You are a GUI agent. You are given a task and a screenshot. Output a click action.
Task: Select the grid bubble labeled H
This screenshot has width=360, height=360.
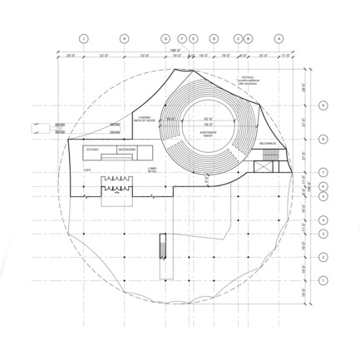[x=124, y=39]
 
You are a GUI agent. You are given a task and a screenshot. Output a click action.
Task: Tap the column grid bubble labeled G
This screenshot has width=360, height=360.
[x=165, y=39]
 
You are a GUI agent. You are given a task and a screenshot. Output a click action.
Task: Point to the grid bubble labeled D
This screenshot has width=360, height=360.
[x=214, y=39]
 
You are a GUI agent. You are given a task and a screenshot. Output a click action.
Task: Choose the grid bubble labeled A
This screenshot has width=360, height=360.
[x=279, y=39]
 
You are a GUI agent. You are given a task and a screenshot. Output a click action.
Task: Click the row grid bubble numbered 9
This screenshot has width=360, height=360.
[x=324, y=106]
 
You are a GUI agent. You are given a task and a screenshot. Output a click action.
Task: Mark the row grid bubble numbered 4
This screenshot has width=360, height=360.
[x=324, y=220]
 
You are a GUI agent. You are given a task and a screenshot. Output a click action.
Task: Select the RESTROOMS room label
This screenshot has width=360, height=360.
[x=127, y=149]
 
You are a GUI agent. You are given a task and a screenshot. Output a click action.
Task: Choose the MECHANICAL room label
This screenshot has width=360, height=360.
[x=267, y=144]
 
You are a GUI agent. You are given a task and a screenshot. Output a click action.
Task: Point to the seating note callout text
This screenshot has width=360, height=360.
[x=249, y=80]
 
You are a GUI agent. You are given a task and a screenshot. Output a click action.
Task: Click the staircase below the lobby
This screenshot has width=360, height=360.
[x=163, y=246]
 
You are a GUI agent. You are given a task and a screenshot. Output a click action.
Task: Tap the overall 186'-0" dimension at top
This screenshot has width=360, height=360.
[x=174, y=51]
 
